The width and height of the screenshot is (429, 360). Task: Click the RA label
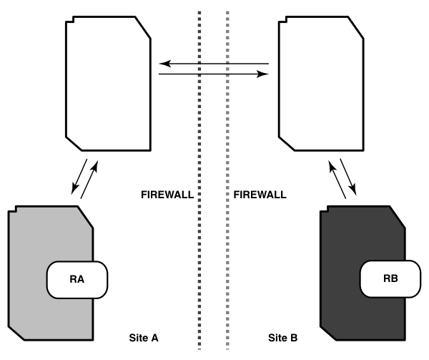(x=77, y=279)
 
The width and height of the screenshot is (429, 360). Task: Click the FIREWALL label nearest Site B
(x=260, y=194)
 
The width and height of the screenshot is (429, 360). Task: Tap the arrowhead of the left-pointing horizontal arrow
(x=162, y=64)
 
